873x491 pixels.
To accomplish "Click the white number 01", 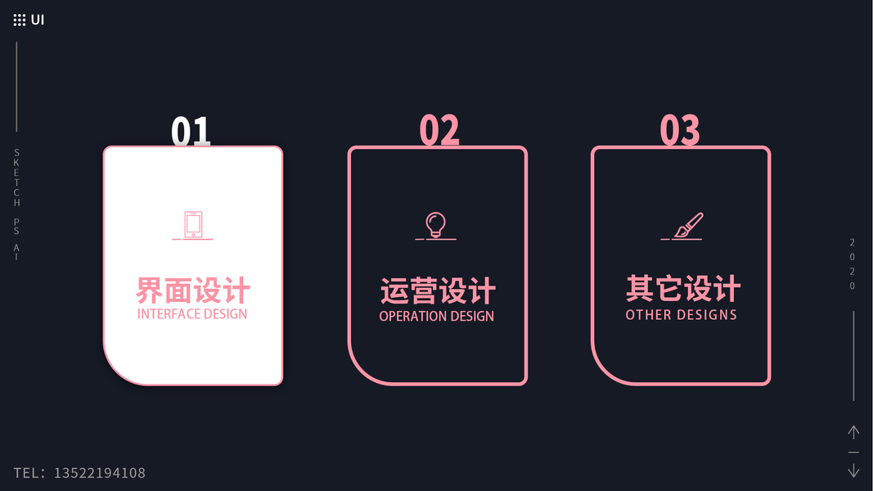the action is (x=191, y=132).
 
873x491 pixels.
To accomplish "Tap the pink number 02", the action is (x=439, y=131).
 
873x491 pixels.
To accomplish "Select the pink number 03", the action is (x=680, y=131).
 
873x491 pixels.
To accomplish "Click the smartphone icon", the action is (x=193, y=224).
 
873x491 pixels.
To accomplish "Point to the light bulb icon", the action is (x=435, y=224).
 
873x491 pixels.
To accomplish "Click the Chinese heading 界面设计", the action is (x=193, y=291).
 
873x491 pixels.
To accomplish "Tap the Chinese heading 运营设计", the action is (x=438, y=291).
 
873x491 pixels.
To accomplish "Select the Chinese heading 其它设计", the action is (x=682, y=289).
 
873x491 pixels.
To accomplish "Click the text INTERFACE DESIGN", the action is (x=192, y=314).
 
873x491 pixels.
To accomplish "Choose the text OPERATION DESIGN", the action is (x=437, y=316).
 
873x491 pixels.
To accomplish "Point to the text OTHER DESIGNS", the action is (x=682, y=315).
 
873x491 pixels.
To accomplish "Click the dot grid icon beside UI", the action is (x=20, y=20).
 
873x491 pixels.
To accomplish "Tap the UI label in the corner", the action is (x=38, y=20).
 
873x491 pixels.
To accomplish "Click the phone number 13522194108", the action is (x=100, y=473).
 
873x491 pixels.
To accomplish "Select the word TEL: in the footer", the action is (x=29, y=473).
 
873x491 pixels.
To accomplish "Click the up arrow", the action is (x=853, y=432).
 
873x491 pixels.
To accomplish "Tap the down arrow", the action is (x=853, y=471).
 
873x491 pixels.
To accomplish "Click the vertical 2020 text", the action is (x=853, y=264).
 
